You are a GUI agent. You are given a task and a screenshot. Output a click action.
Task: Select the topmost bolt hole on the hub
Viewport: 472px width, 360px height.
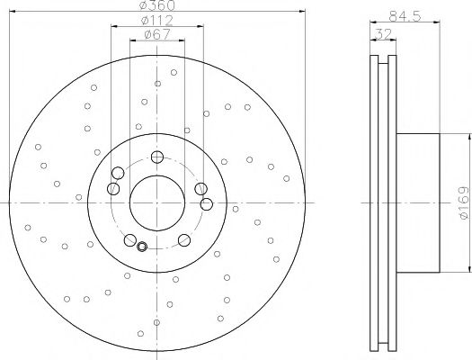(157, 157)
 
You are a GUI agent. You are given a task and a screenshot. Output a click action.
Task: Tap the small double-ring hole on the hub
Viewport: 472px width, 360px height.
(142, 247)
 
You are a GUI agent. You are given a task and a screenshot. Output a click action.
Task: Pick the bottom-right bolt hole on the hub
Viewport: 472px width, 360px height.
(183, 238)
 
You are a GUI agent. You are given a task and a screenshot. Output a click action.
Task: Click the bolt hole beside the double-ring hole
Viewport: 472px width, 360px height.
(130, 239)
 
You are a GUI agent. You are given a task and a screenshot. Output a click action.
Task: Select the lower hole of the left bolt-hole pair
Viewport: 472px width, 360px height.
(112, 188)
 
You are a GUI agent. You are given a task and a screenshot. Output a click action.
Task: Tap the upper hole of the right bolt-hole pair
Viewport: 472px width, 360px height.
(199, 188)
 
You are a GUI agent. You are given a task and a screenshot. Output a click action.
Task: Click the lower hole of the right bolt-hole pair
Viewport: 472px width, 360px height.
(206, 204)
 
